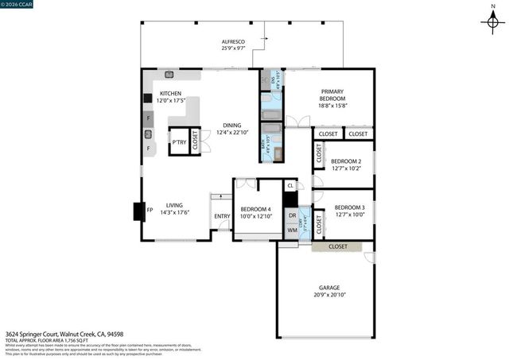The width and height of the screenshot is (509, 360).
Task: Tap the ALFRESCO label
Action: [233, 41]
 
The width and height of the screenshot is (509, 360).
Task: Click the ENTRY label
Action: [221, 215]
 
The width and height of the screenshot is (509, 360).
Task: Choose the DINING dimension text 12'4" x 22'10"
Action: [232, 132]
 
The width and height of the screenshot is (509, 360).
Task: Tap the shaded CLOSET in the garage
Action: [338, 247]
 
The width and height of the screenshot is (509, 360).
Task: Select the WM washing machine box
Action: [292, 230]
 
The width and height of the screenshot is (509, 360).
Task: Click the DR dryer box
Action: [292, 215]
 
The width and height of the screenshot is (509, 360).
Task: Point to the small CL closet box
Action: [290, 185]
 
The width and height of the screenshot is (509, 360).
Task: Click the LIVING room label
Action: [174, 207]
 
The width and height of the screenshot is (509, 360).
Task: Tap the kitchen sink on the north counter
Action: [170, 75]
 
